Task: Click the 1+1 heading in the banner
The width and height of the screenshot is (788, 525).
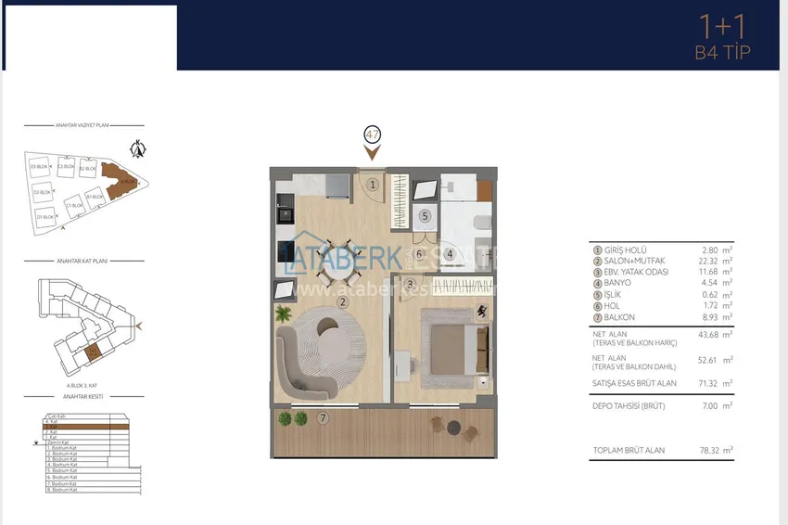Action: (x=721, y=27)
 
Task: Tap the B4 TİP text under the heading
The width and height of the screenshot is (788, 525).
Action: (x=722, y=53)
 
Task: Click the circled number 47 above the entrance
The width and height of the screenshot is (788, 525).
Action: (x=373, y=134)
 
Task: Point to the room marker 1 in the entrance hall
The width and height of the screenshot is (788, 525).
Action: (x=372, y=185)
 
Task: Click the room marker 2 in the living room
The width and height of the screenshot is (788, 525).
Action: (x=342, y=301)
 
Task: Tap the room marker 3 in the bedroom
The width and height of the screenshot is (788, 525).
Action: (x=409, y=284)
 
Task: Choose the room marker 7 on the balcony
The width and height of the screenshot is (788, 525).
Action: (x=323, y=418)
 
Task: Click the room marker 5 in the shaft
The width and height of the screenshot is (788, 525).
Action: (x=425, y=216)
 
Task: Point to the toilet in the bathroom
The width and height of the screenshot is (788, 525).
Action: (x=479, y=221)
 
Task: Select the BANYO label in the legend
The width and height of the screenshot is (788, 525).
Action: (x=616, y=283)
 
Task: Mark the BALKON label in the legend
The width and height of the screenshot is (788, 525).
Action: (x=618, y=317)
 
